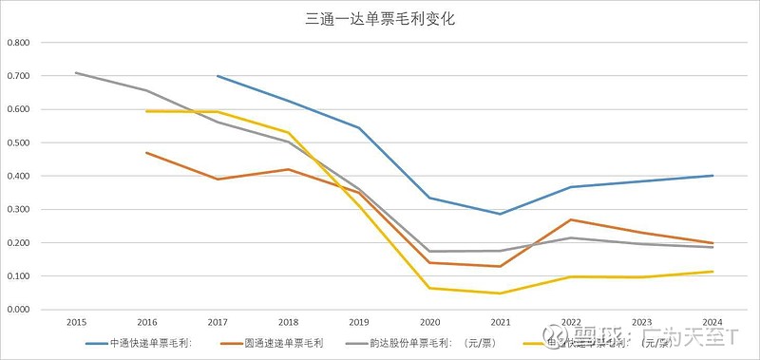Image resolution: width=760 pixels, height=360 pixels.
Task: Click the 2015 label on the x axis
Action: tap(76, 323)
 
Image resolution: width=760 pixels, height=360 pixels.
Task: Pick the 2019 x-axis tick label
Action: tap(359, 323)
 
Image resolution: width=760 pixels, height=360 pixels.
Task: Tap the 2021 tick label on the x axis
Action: tap(501, 323)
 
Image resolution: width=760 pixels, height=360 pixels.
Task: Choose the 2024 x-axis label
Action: tap(712, 323)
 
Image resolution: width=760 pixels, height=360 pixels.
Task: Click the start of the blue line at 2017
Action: tap(218, 76)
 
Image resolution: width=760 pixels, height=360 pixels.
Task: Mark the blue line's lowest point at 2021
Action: tap(501, 214)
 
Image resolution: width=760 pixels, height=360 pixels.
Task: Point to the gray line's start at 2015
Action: tap(76, 73)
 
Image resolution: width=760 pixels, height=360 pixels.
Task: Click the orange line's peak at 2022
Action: tap(571, 219)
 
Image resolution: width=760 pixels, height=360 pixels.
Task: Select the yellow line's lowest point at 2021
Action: tap(501, 294)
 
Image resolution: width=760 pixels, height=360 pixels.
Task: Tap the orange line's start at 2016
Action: tap(146, 153)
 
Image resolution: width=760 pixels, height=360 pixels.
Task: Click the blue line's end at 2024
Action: tap(712, 176)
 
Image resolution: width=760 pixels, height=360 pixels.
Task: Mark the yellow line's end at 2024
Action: tap(712, 272)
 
